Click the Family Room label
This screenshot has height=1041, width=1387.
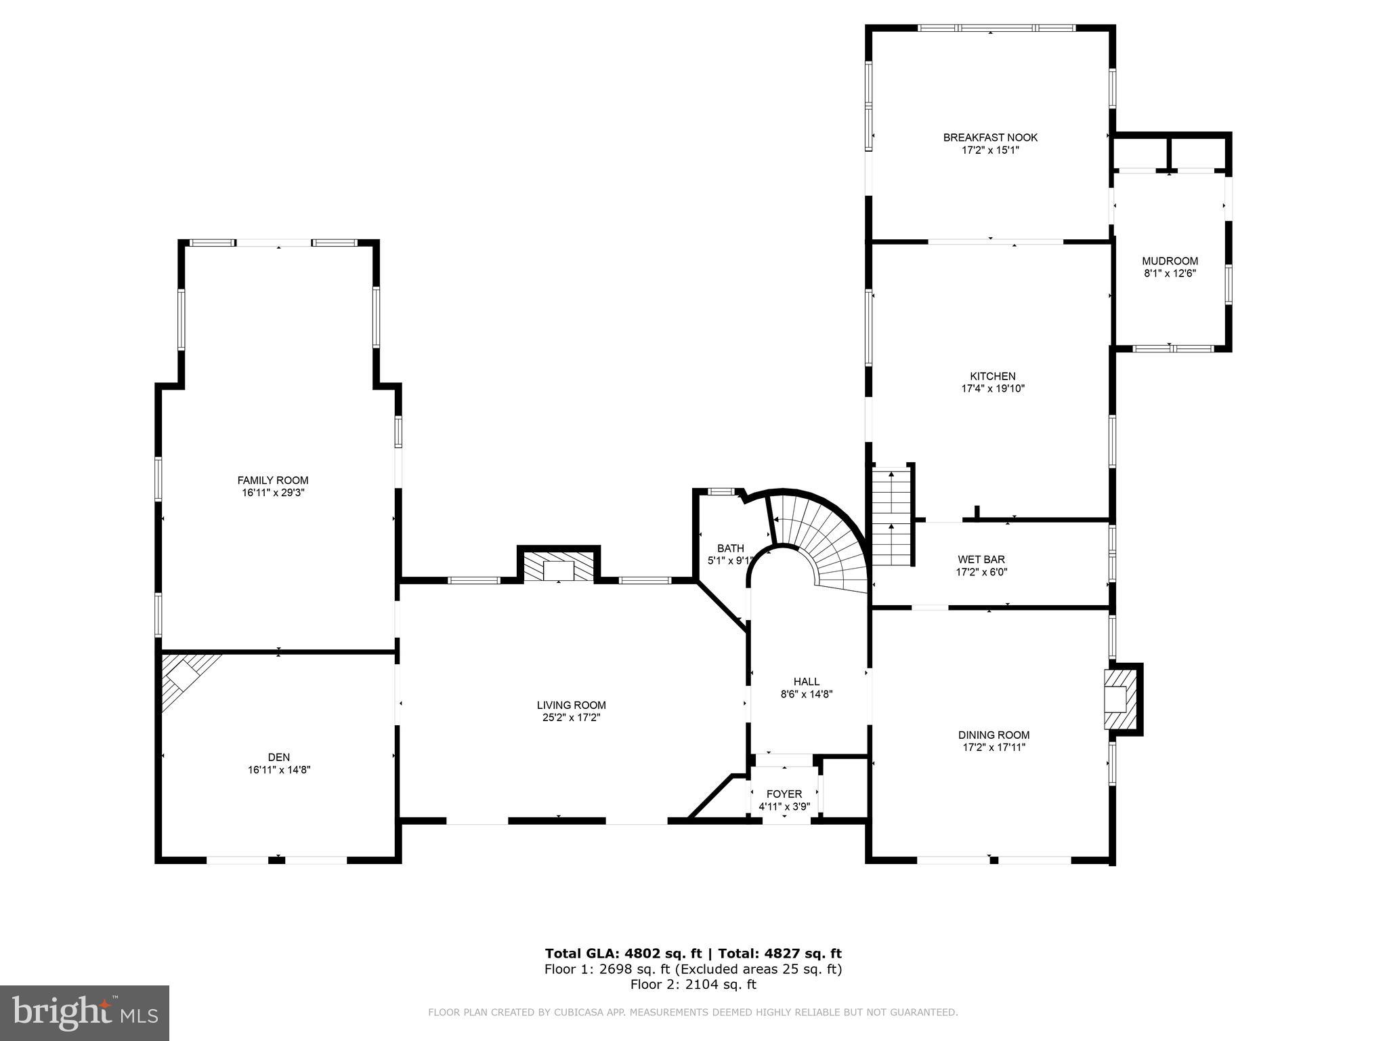(272, 481)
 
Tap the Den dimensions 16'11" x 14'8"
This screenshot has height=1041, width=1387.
(278, 770)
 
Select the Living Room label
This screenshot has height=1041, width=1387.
(571, 705)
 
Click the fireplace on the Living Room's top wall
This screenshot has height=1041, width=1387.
(559, 567)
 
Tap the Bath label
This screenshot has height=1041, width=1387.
(730, 548)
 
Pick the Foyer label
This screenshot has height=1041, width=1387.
(784, 794)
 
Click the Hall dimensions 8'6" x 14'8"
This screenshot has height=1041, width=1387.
(806, 694)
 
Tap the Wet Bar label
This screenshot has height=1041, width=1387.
(981, 559)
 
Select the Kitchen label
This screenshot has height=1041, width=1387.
(992, 376)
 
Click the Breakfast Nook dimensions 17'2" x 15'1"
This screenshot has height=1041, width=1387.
(989, 150)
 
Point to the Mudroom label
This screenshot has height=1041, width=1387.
(1170, 261)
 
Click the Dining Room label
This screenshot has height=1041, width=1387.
(994, 735)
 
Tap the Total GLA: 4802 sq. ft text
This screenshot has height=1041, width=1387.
(623, 954)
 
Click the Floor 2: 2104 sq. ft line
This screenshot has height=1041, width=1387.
(693, 985)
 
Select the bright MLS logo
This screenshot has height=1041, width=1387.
(85, 1013)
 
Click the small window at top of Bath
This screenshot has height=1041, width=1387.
(721, 492)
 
